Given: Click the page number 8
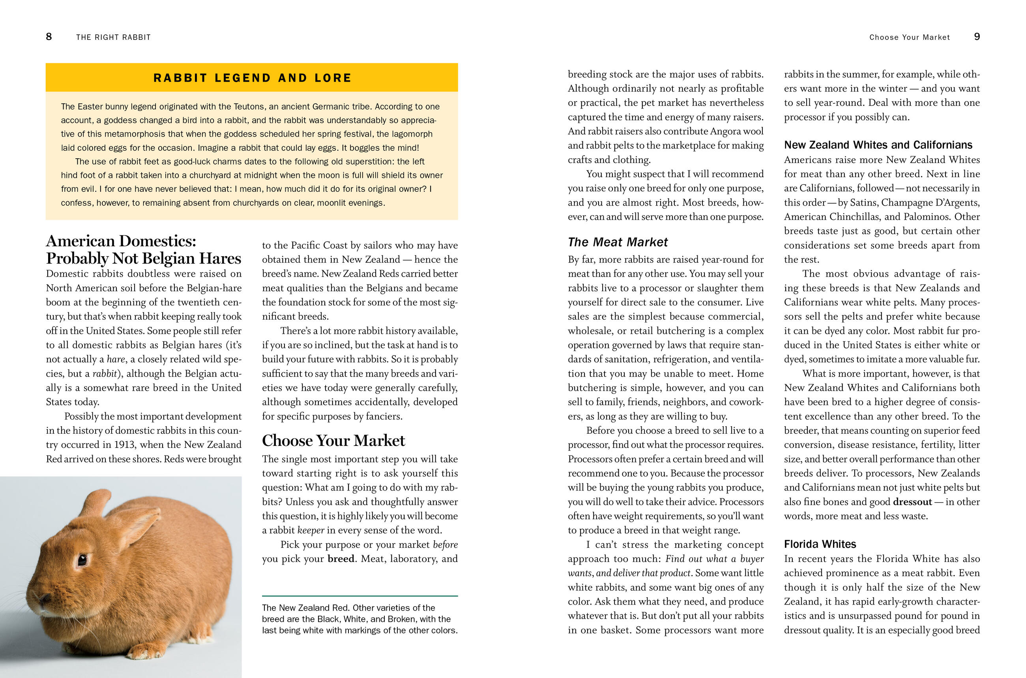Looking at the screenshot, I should click(x=49, y=37).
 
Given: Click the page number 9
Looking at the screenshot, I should click(x=977, y=37).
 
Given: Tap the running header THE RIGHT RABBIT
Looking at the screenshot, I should click(x=113, y=37).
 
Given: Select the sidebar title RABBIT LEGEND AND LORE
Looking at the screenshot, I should click(x=253, y=78).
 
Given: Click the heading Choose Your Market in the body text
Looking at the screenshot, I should click(x=333, y=440).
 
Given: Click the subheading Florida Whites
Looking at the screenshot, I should click(x=820, y=544).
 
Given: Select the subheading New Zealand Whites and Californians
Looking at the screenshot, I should click(x=878, y=145).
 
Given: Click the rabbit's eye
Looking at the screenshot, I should click(x=82, y=560).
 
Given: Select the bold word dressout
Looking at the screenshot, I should click(x=912, y=502).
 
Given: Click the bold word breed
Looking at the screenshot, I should click(x=341, y=559).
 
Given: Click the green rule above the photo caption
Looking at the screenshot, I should click(x=360, y=596).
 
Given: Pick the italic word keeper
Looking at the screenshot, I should click(x=311, y=530).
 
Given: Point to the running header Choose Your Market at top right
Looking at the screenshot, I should click(x=909, y=37).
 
